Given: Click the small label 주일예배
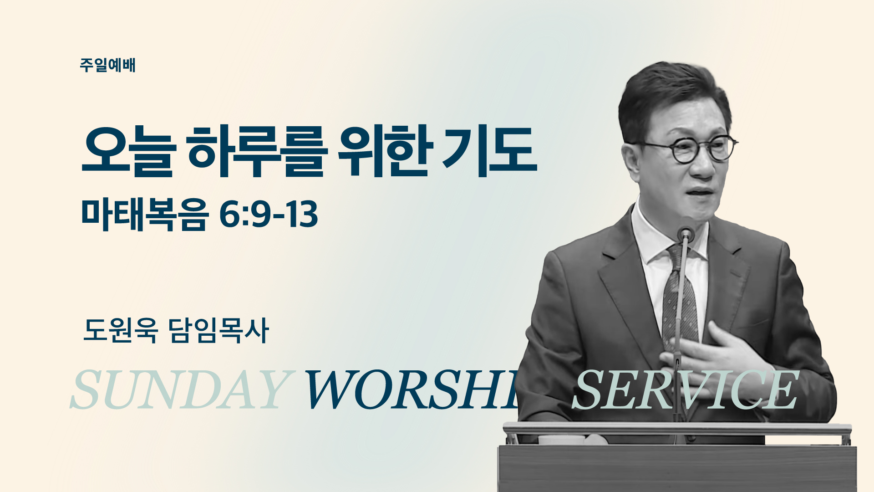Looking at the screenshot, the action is coord(107,65).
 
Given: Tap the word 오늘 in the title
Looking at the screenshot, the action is coord(128,151).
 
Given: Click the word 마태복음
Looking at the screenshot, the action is coord(145,215).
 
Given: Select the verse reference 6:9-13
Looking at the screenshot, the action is coord(269,215).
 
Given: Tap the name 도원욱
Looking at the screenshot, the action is coord(121,330).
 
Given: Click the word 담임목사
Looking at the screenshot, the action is coord(218,330).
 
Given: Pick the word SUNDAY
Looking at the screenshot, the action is coord(180,389).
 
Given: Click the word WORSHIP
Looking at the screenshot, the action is coord(412,389).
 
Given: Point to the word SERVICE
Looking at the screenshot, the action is coord(685,389).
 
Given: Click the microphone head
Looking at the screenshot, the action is coord(685,234).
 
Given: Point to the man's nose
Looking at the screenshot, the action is coord(703,166).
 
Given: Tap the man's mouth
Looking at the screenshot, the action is coord(701,193).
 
